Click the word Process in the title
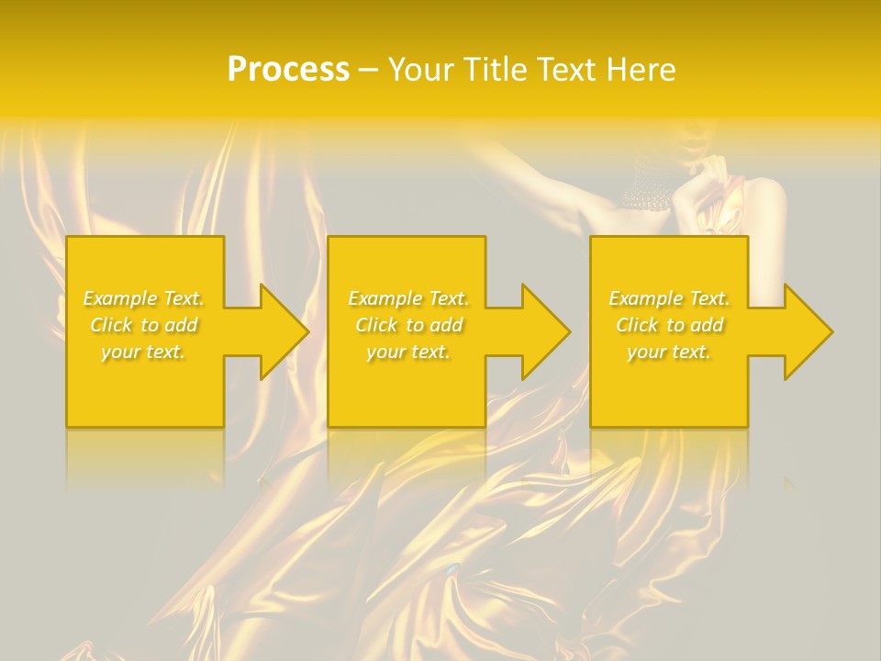tap(288, 69)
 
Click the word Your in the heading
tap(419, 69)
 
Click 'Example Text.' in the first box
tap(144, 298)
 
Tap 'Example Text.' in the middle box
tap(408, 298)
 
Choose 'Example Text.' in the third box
tap(669, 298)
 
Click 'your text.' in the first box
tap(144, 352)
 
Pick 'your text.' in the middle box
tap(408, 352)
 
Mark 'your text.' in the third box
tap(669, 352)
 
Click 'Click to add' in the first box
tap(144, 325)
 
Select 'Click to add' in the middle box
tap(408, 325)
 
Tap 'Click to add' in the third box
tap(669, 325)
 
